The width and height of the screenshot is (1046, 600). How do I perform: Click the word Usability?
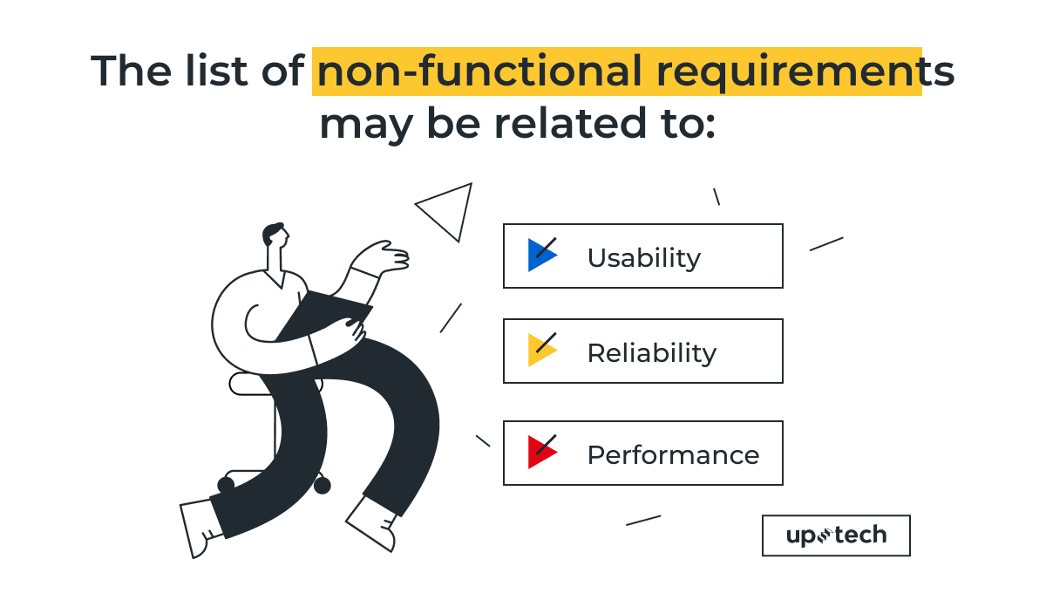pyautogui.click(x=643, y=257)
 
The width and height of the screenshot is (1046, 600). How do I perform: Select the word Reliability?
pyautogui.click(x=651, y=352)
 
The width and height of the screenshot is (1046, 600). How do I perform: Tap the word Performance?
pyautogui.click(x=673, y=454)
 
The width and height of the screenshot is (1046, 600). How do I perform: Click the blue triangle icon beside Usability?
pyautogui.click(x=540, y=255)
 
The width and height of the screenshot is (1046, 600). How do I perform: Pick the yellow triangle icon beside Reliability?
pyautogui.click(x=540, y=350)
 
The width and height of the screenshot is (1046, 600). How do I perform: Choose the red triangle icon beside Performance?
pyautogui.click(x=540, y=452)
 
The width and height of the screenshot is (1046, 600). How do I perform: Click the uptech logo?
pyautogui.click(x=835, y=535)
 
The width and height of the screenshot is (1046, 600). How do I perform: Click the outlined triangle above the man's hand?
pyautogui.click(x=448, y=209)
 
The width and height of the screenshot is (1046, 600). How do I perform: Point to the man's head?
pyautogui.click(x=275, y=237)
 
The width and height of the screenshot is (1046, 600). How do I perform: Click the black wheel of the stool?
pyautogui.click(x=322, y=485)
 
